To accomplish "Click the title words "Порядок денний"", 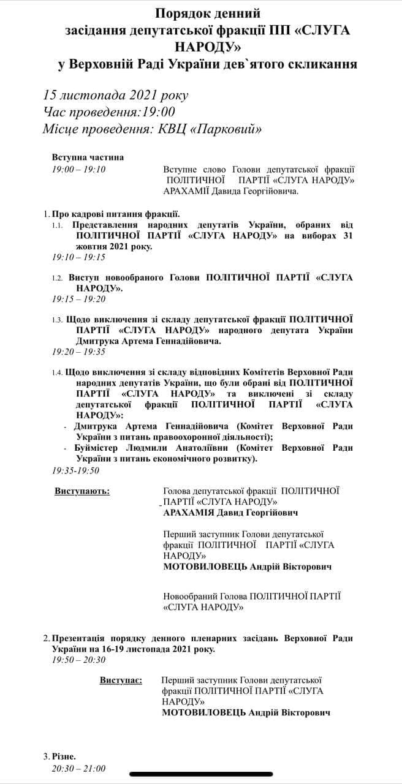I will click(208, 13).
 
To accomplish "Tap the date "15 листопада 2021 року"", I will click(116, 95).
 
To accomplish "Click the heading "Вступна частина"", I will click(88, 157).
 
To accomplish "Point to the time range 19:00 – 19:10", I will click(79, 170).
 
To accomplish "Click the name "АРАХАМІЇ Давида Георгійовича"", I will click(230, 192).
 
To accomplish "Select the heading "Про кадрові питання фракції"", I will click(116, 214).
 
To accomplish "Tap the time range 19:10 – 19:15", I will click(79, 257).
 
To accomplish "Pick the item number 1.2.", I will click(58, 278).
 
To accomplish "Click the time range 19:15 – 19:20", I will click(79, 299).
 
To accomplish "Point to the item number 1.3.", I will click(58, 320).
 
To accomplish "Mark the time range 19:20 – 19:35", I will click(79, 352).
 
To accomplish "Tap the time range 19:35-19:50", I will click(76, 470).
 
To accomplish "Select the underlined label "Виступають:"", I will click(83, 491).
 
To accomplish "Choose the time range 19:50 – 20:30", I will click(79, 660).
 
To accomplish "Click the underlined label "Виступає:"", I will click(121, 680).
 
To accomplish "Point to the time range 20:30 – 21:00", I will click(79, 769).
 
